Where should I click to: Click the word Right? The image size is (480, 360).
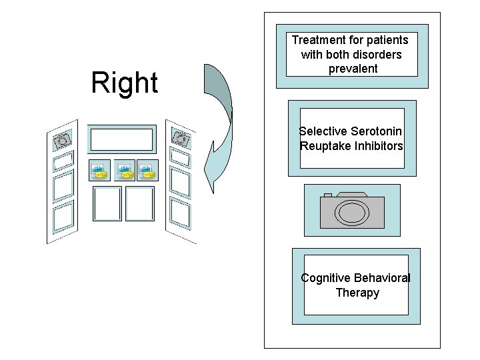pos(125,83)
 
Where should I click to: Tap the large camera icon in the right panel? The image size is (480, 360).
pos(352,210)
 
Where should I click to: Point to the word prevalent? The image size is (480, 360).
pos(353,69)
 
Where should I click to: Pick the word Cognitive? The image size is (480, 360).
pos(325,278)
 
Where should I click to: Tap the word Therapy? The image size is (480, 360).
pos(357,293)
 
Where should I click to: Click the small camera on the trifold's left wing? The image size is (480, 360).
pos(62,140)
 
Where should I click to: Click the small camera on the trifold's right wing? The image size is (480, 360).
pos(179,138)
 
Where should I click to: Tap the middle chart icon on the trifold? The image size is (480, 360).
pos(124,171)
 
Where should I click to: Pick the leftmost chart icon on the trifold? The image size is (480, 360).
pos(99,171)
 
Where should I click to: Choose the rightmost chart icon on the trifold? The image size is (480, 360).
pos(147,171)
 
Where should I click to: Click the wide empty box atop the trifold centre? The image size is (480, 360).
pos(121,139)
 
